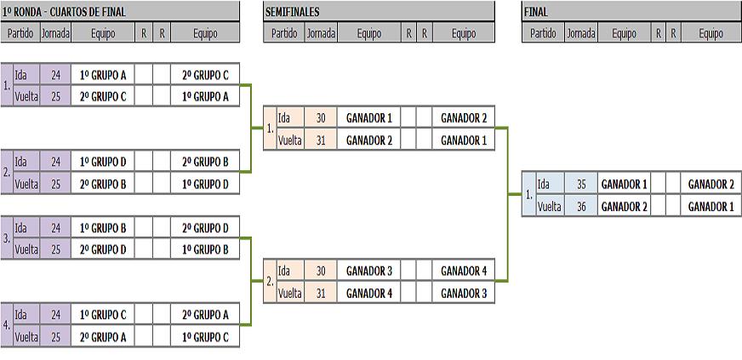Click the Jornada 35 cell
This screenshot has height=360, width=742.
click(580, 184)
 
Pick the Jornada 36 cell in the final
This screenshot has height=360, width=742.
click(580, 206)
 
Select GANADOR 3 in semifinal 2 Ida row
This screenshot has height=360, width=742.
click(368, 271)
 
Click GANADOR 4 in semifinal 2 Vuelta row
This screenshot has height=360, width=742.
click(368, 293)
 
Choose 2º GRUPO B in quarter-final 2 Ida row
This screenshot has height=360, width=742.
click(205, 162)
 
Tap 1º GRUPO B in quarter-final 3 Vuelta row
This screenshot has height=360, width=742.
click(205, 249)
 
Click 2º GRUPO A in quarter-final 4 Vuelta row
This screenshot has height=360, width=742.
click(103, 336)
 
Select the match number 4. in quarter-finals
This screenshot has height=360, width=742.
click(7, 325)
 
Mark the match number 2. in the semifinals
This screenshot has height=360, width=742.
click(270, 282)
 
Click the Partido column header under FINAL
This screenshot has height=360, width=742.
click(542, 34)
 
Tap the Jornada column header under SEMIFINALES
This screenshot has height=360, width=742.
click(321, 34)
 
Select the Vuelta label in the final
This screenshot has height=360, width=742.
click(550, 206)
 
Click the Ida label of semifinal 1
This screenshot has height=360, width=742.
click(284, 118)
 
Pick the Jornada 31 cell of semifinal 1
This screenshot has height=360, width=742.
click(320, 140)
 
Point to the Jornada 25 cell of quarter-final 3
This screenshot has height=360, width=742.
click(55, 249)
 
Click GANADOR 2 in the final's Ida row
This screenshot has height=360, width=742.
click(711, 184)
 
